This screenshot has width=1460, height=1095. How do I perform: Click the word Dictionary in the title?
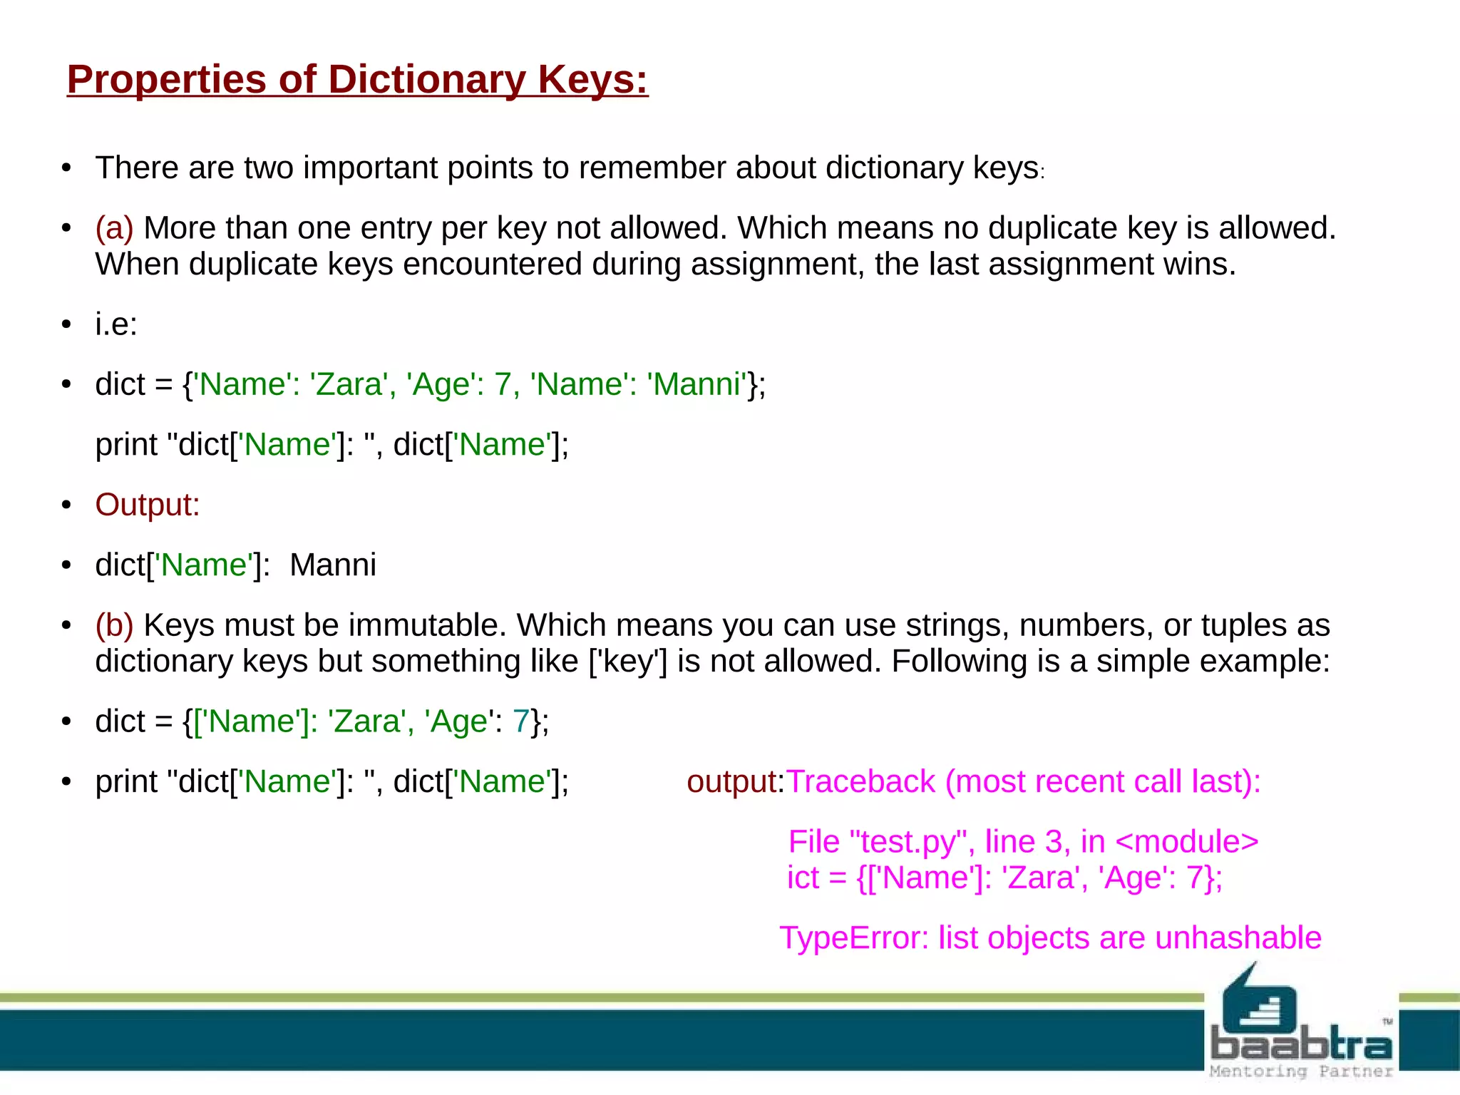tap(426, 79)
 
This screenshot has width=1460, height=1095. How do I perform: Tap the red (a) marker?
tap(115, 228)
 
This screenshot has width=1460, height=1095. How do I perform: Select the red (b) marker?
tap(115, 625)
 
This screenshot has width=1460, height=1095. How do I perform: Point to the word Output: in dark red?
tap(148, 505)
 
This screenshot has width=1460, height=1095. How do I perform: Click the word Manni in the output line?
tap(333, 565)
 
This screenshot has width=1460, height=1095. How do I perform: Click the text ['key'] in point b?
tap(628, 662)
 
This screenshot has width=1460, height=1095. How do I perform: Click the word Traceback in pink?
tap(860, 782)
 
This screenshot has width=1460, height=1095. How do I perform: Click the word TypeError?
tap(853, 938)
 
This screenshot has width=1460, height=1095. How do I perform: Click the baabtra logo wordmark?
tap(1301, 1045)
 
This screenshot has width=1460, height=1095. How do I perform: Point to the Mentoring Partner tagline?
tap(1301, 1071)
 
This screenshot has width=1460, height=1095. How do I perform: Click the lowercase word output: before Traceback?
tap(735, 782)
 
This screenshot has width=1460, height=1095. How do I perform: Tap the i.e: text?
tap(116, 324)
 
